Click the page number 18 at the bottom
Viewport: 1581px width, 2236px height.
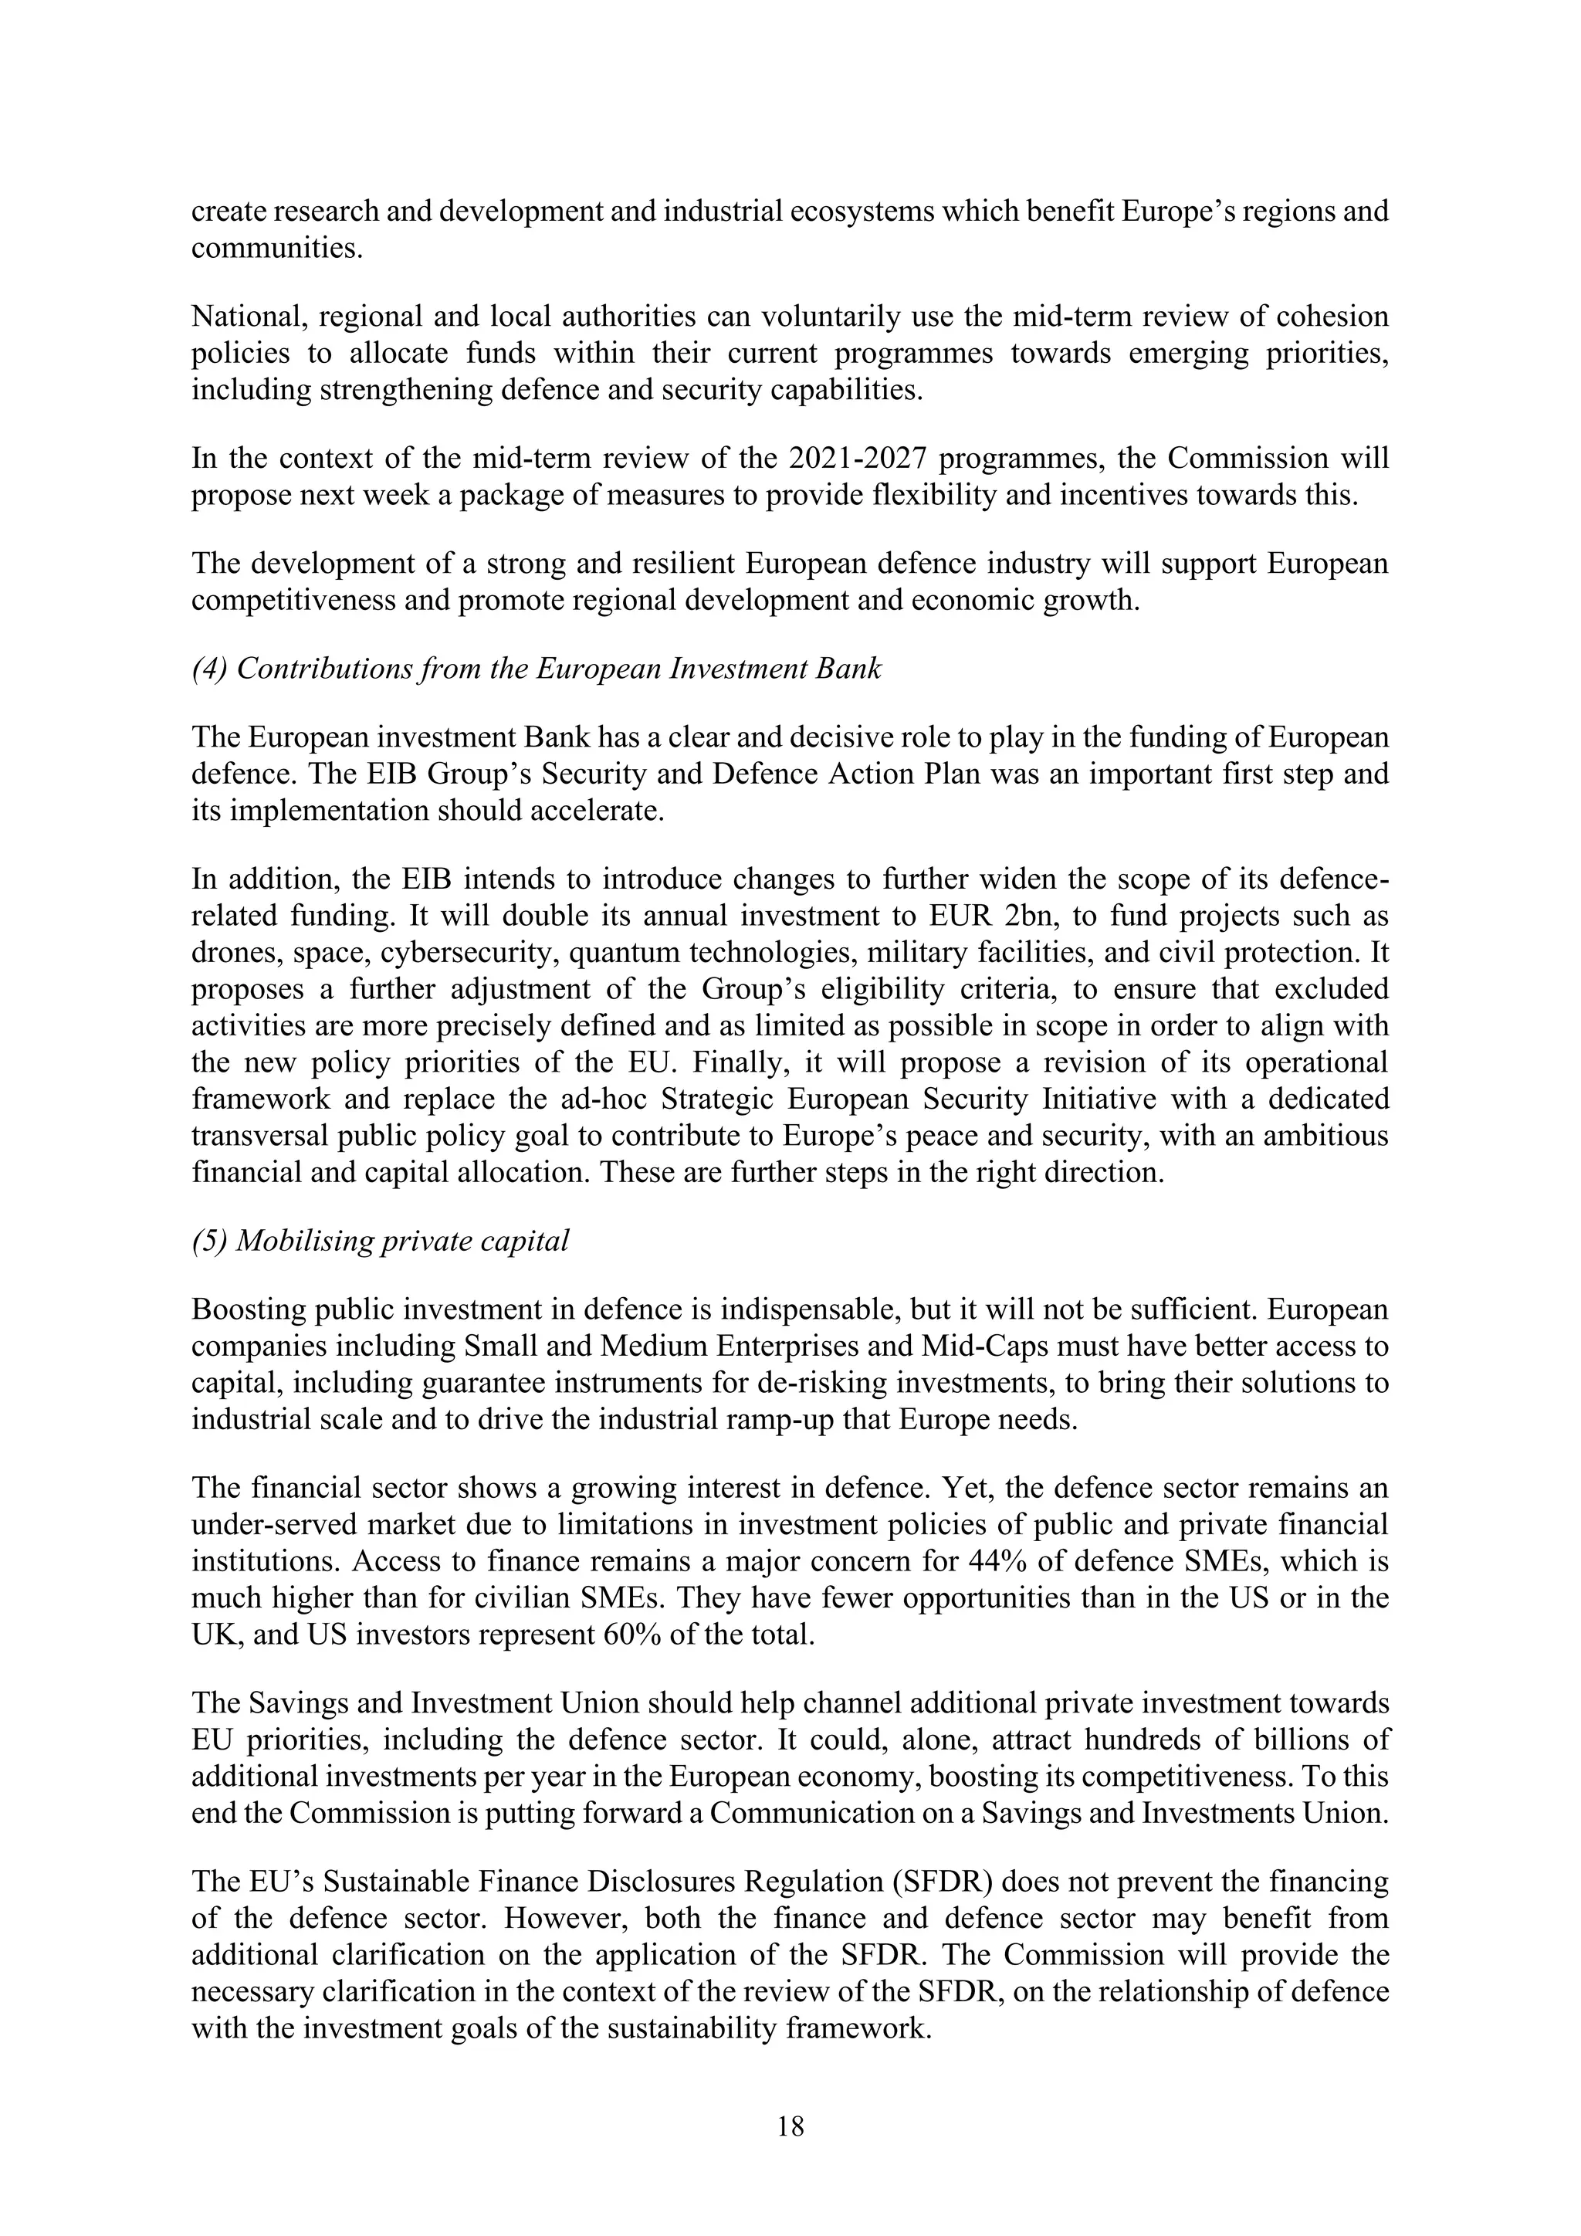pyautogui.click(x=790, y=2126)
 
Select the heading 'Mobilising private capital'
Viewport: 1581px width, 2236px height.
pyautogui.click(x=381, y=1241)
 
